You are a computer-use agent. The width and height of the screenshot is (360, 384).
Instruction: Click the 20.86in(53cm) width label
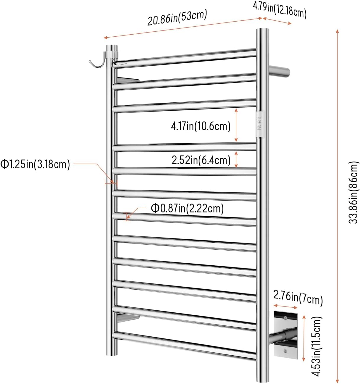pos(177,18)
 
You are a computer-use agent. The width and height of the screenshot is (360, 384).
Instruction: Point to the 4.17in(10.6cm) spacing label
pos(201,126)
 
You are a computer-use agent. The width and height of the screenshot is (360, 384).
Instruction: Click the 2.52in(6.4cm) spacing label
pos(201,160)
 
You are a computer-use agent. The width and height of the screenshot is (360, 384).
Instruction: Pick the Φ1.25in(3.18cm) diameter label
pos(35,164)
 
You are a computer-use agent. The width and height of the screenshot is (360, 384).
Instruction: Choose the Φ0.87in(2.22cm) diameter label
pos(187,208)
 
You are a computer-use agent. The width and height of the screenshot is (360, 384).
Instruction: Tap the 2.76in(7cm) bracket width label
pos(298,298)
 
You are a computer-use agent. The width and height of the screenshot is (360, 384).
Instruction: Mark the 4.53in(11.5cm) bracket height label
pos(317,346)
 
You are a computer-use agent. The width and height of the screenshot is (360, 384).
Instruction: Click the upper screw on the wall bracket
pos(285,318)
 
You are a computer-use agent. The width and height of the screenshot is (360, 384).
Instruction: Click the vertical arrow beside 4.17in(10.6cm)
pos(236,125)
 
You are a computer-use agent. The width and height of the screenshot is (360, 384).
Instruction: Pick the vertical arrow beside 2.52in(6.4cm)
pos(236,159)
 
